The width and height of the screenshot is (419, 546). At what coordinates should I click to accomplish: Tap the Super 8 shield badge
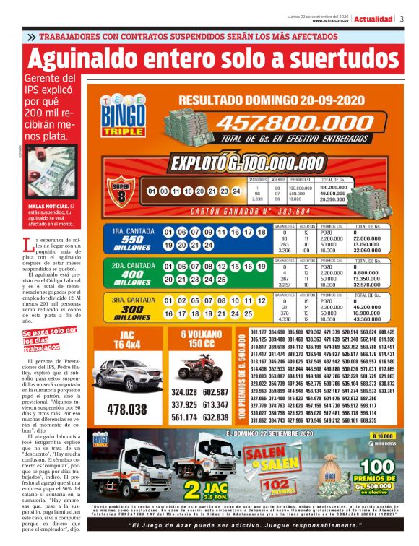tap(121, 190)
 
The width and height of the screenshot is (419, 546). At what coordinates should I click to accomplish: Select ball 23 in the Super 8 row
tap(224, 191)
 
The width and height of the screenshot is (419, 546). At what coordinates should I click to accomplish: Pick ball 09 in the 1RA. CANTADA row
tap(207, 233)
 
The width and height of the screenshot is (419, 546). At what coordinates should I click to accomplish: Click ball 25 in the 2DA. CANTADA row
tap(220, 279)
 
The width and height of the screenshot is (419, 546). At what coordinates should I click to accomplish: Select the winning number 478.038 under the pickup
tap(126, 409)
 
